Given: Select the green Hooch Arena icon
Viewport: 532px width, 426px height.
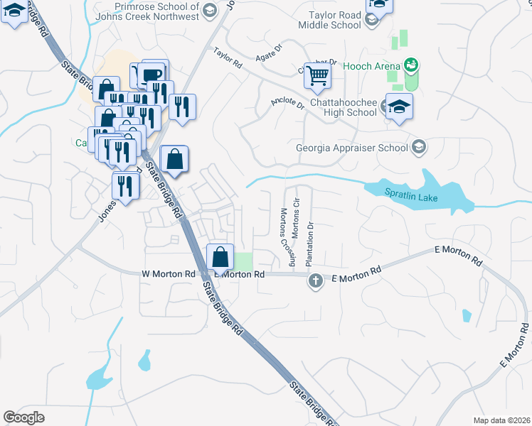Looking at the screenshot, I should (x=410, y=65).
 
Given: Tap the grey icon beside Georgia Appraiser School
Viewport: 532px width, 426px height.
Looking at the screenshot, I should (x=420, y=148).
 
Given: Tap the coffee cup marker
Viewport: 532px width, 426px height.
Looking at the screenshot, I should (x=152, y=75).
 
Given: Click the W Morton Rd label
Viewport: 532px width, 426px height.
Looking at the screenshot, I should (x=169, y=273).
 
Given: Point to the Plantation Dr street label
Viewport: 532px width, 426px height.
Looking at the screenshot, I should (x=309, y=244).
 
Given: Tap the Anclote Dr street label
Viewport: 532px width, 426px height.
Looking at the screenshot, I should (x=287, y=104).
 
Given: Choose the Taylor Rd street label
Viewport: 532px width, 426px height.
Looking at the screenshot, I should (x=228, y=58).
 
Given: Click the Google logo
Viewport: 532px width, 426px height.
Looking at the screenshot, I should (x=23, y=417).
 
